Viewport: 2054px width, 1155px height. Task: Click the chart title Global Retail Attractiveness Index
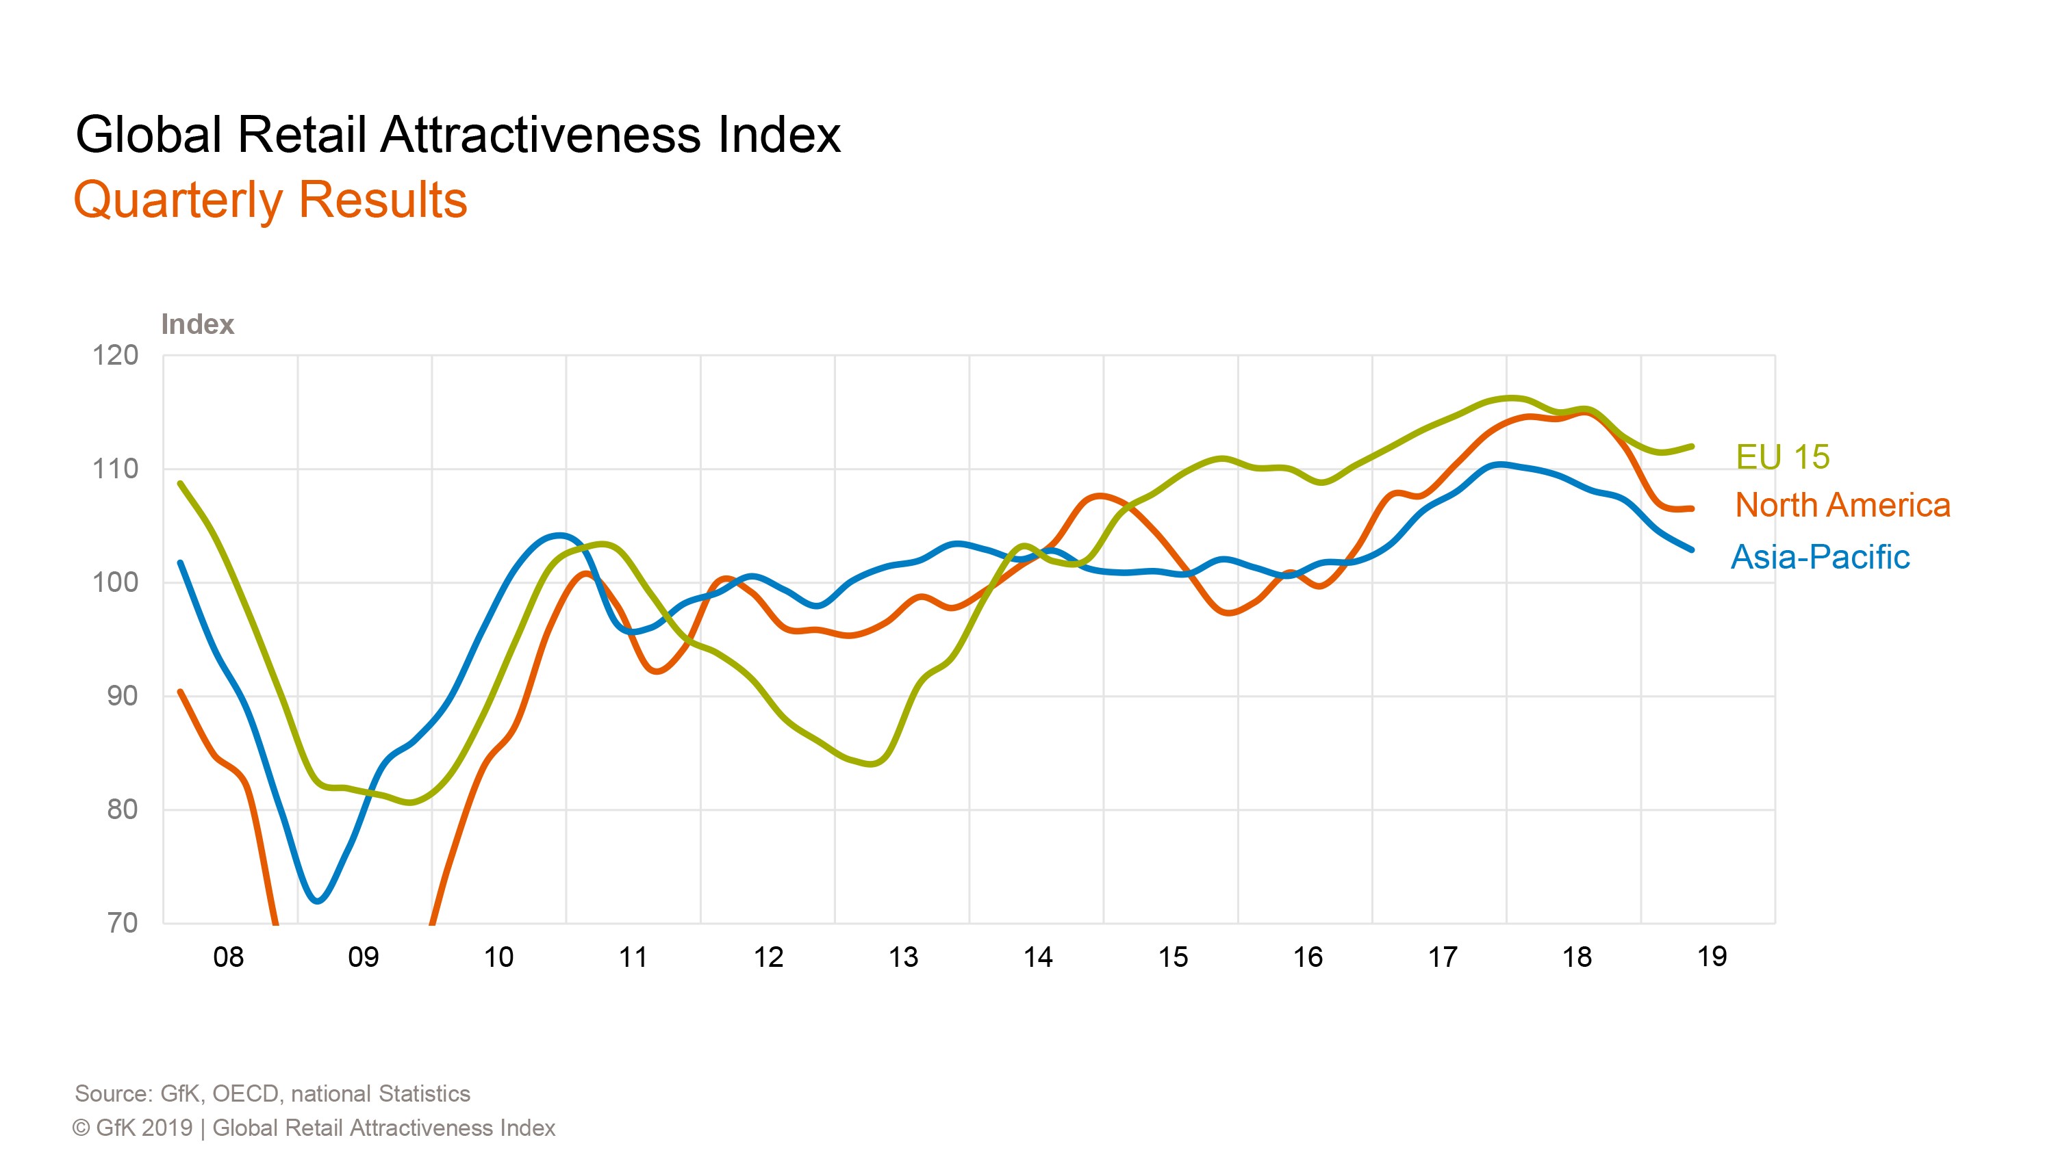click(x=457, y=134)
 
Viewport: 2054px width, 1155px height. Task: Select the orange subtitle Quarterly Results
click(x=270, y=200)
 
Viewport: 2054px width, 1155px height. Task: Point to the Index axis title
click(x=197, y=324)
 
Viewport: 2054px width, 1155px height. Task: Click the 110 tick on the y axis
click(x=116, y=469)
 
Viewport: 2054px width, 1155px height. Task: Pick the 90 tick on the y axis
click(x=122, y=696)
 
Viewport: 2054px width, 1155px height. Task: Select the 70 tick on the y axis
click(x=122, y=923)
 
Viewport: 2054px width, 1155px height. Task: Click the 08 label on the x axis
click(x=228, y=957)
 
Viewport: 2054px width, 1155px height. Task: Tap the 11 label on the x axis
click(x=633, y=957)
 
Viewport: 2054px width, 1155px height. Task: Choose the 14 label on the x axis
click(x=1037, y=957)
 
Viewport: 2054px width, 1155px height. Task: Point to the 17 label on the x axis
click(x=1442, y=957)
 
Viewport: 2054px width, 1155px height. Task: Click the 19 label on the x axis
click(x=1711, y=957)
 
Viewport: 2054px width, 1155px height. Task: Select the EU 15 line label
click(x=1783, y=457)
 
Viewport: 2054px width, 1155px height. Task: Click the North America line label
click(x=1842, y=506)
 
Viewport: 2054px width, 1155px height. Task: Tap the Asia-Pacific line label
click(x=1821, y=557)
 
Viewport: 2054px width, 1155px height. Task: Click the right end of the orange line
click(x=1692, y=508)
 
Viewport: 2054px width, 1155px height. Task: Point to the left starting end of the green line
click(x=180, y=483)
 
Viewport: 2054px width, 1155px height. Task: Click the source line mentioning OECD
click(x=272, y=1093)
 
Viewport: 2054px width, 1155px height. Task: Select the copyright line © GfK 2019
click(x=314, y=1128)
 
